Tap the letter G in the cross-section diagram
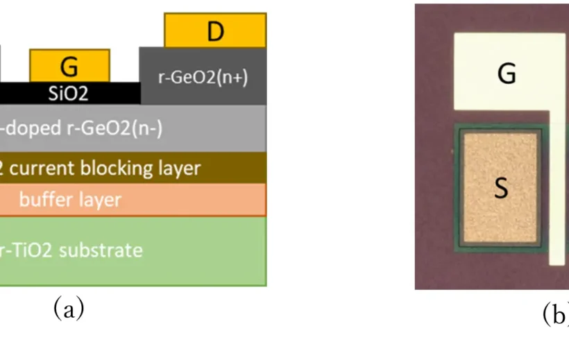tap(69, 67)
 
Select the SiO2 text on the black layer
tap(68, 94)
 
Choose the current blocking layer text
tap(101, 168)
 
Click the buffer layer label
tap(69, 200)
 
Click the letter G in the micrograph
tap(507, 74)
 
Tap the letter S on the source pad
tap(501, 189)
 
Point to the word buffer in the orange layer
tap(42, 200)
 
